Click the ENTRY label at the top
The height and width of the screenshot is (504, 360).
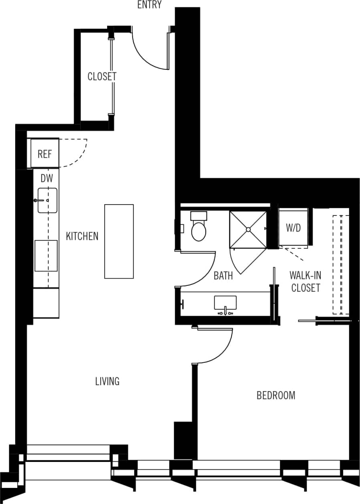[149, 5]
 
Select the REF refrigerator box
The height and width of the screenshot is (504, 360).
[44, 153]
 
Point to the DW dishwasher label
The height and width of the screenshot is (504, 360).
[47, 179]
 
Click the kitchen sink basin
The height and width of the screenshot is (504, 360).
[47, 200]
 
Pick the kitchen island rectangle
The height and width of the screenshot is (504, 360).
[119, 241]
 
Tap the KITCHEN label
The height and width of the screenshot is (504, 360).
[82, 236]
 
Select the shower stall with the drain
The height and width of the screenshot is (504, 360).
[248, 229]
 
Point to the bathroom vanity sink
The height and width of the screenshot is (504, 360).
[225, 303]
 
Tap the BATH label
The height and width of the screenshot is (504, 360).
[223, 276]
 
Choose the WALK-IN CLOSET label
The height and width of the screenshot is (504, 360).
[305, 281]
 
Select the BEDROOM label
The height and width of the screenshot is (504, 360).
[276, 395]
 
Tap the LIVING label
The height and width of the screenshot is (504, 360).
[107, 381]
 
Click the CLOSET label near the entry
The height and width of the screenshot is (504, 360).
[102, 76]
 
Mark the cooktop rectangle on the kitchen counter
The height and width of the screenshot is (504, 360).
[46, 256]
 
